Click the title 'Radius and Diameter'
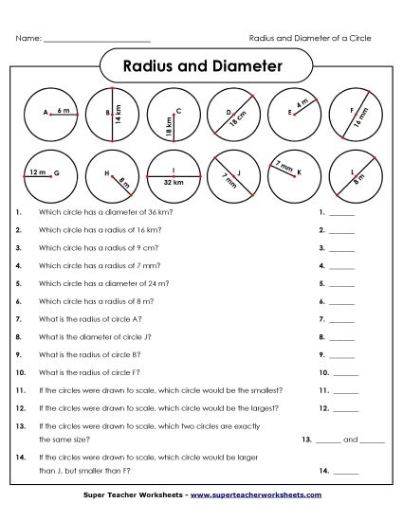[204, 66]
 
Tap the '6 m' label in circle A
[64, 110]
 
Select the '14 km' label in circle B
[119, 115]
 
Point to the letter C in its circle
[178, 112]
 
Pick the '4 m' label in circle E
[302, 102]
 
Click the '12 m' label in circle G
[37, 172]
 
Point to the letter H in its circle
[107, 173]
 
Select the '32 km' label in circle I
[173, 181]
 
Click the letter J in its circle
[240, 171]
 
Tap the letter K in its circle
[299, 173]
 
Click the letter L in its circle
[353, 171]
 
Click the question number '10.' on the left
[21, 372]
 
